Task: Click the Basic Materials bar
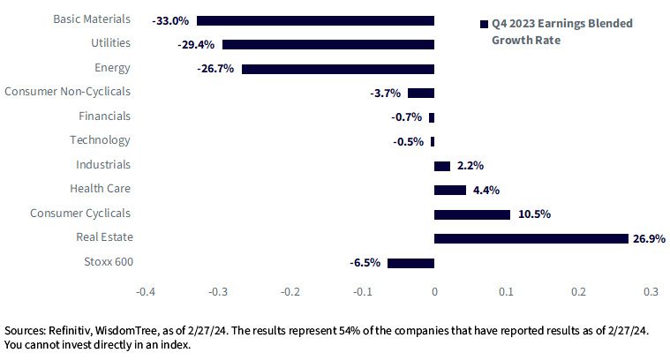point(315,20)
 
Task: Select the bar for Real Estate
point(531,239)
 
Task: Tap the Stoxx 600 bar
point(410,263)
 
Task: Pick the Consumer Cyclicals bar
point(472,214)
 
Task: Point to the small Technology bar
point(433,141)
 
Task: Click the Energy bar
point(338,69)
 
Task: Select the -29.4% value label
point(196,45)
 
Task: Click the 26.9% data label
point(649,239)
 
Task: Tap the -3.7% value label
point(386,94)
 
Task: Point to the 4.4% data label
point(486,190)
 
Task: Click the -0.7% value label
point(406,117)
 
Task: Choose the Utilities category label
point(110,43)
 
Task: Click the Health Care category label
point(101,188)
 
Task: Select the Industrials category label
point(103,164)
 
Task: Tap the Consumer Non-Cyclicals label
point(67,92)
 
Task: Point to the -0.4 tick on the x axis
point(146,292)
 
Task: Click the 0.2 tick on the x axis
point(578,292)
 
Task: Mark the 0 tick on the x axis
point(434,292)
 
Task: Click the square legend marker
point(484,25)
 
